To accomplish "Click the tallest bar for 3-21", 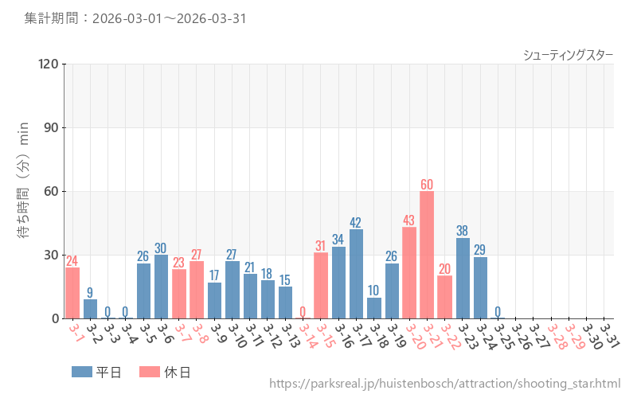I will (427, 255).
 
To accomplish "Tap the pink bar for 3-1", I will (72, 293).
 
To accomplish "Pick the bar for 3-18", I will (374, 308).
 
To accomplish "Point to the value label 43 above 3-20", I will (409, 220).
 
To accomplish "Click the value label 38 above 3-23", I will (463, 231).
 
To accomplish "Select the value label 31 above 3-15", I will (321, 245).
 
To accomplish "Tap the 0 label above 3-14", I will (303, 311).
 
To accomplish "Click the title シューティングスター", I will (568, 55).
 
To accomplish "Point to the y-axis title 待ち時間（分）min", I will (24, 191).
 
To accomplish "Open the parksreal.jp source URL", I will (444, 384).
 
